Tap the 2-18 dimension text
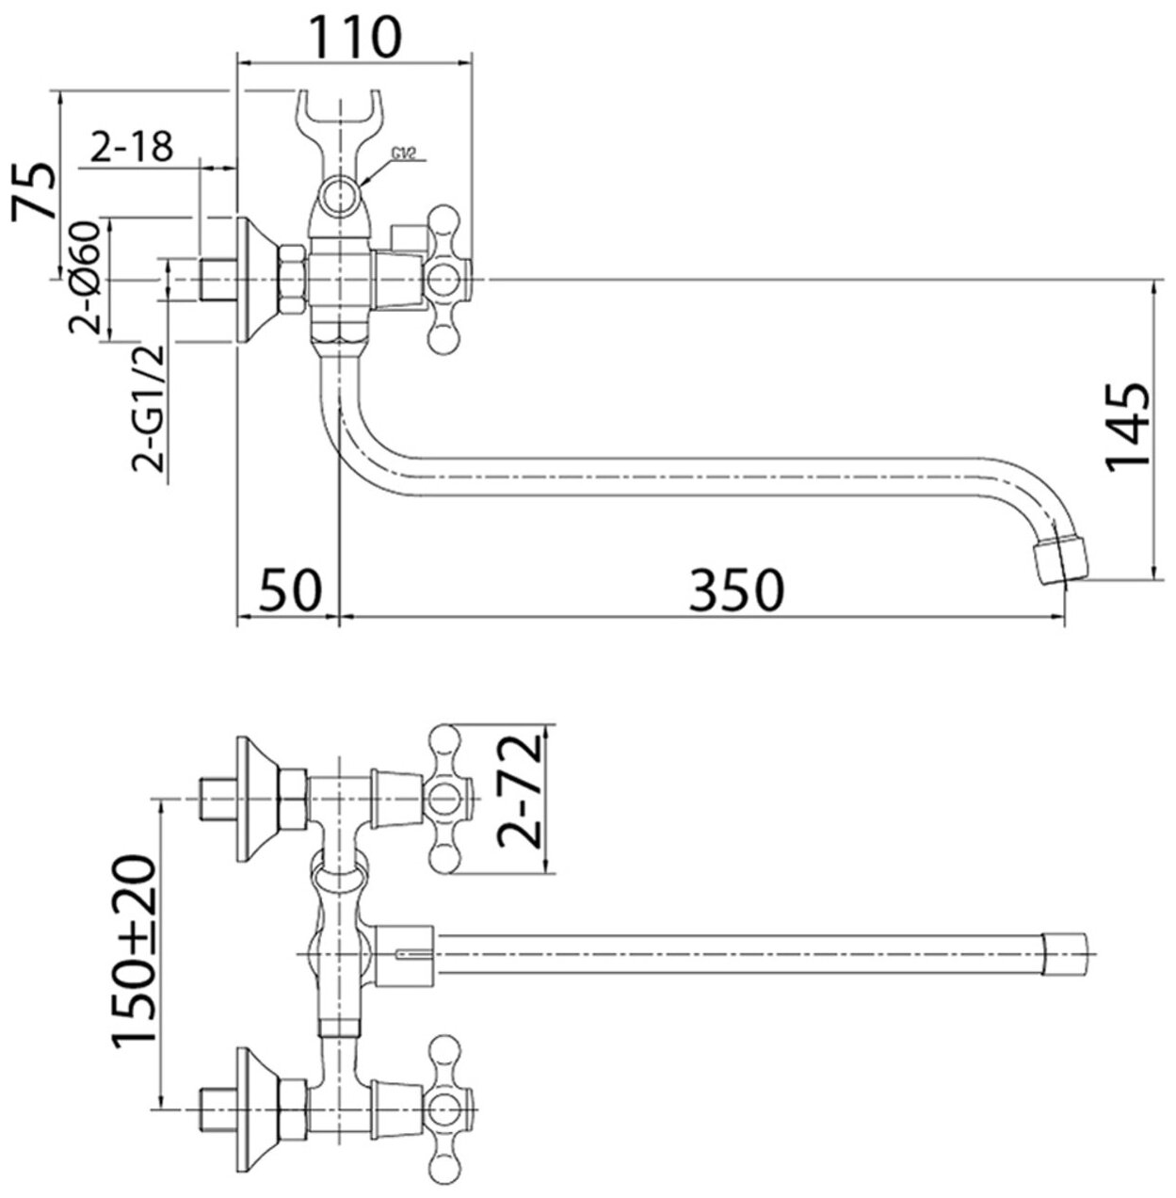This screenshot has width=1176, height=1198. pos(133,147)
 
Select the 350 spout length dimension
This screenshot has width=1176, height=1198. pos(737,591)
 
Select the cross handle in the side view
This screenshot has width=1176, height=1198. pos(442,280)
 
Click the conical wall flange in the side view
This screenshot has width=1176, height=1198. pos(256,280)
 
